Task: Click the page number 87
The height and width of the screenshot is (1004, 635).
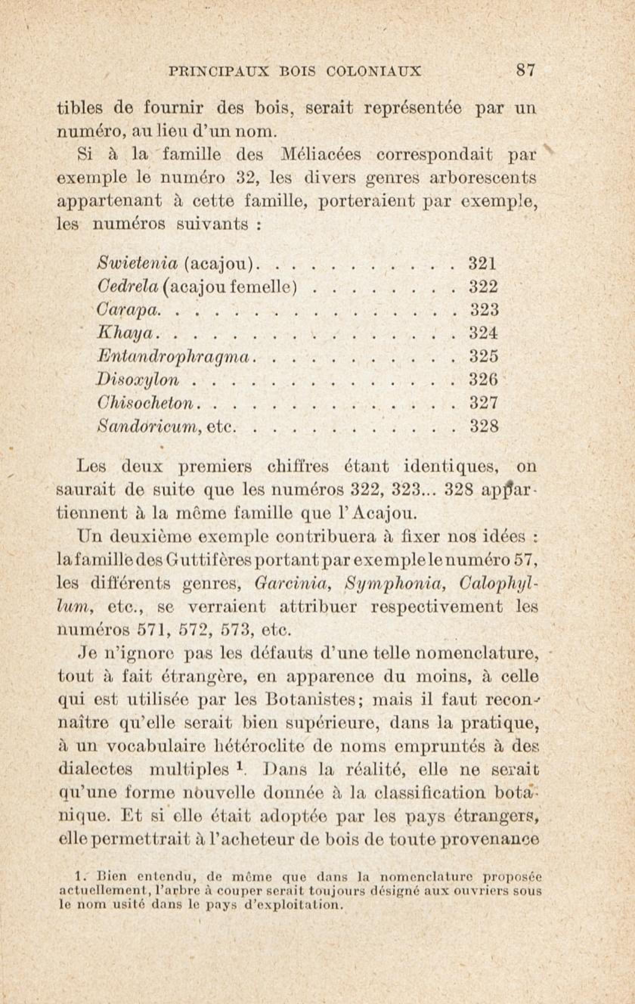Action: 525,70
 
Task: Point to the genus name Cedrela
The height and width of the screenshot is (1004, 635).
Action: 128,287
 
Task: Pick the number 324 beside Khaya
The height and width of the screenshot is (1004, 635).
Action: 484,333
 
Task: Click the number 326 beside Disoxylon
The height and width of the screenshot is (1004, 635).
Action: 484,380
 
